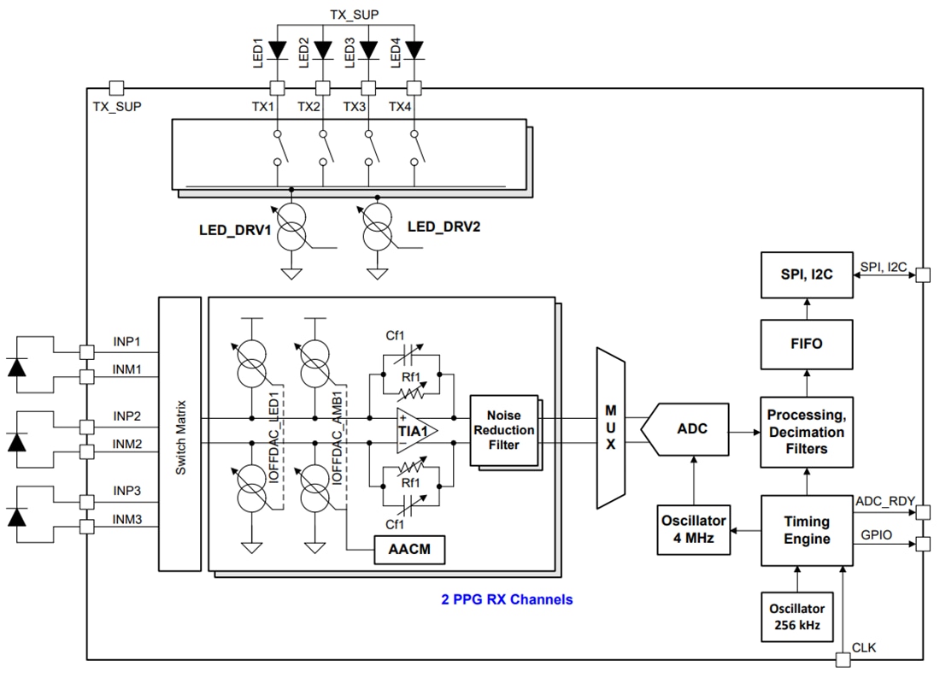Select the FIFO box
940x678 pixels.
point(807,344)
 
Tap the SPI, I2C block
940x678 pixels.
point(807,275)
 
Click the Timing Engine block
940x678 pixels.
point(807,530)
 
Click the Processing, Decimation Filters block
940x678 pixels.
point(807,432)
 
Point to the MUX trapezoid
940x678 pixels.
point(610,427)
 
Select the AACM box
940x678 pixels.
point(411,551)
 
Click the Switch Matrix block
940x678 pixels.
point(179,433)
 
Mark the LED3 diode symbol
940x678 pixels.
point(369,51)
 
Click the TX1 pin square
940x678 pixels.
point(277,87)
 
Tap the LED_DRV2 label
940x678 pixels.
point(444,227)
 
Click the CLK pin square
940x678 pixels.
point(843,659)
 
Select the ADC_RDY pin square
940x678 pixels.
point(922,513)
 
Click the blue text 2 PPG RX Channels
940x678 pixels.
point(507,599)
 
